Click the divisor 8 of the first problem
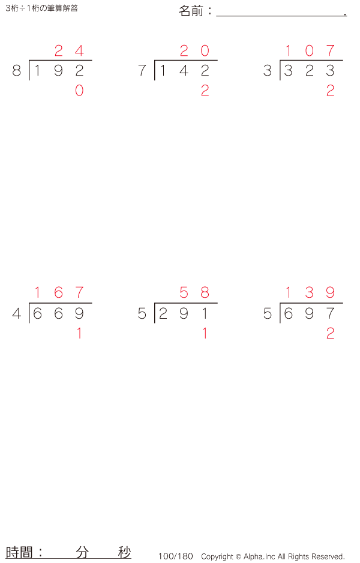(17, 70)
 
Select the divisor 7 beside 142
(142, 70)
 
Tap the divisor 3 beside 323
(268, 70)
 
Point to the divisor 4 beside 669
(17, 313)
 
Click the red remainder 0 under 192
(79, 91)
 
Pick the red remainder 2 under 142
(205, 91)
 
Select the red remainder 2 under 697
(331, 334)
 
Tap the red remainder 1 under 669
(79, 334)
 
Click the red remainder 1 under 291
(205, 334)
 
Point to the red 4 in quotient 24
(79, 50)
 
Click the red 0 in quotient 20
(205, 50)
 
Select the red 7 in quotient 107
(331, 50)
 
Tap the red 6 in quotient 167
(59, 293)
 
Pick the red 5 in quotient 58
(184, 293)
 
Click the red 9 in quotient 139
(331, 293)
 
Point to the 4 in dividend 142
(184, 70)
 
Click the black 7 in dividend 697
(331, 313)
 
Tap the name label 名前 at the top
(191, 11)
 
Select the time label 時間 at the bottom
(19, 552)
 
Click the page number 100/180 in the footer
(176, 556)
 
